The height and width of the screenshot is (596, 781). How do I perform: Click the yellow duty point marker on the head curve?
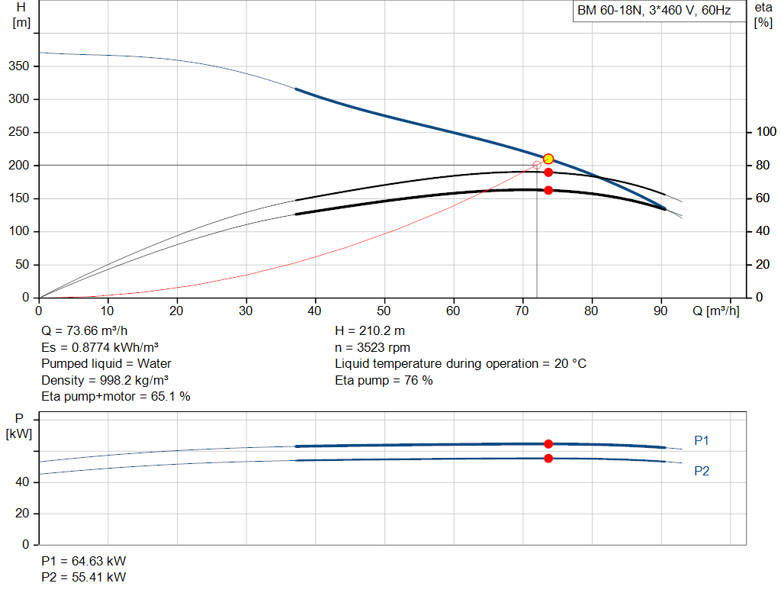(x=548, y=159)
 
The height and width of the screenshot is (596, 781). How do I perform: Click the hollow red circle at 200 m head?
(x=537, y=165)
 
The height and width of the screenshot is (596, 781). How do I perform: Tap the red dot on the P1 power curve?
(x=548, y=443)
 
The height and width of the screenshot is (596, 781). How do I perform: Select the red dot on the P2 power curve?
(x=548, y=459)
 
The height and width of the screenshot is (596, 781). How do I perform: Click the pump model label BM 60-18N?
(x=609, y=11)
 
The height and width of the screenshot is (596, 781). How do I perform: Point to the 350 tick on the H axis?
(x=19, y=66)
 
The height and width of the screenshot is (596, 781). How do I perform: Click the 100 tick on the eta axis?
(x=766, y=132)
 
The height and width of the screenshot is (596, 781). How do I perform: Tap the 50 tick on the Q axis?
(x=384, y=311)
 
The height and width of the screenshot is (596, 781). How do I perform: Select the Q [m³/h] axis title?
(x=715, y=311)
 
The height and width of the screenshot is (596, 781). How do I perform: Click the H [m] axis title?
(x=21, y=15)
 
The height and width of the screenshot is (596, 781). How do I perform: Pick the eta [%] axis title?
(x=763, y=15)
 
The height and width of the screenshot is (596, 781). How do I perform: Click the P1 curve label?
(x=702, y=440)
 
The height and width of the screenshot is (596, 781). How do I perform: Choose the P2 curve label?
(x=702, y=471)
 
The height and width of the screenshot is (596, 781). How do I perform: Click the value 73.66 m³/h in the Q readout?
(x=97, y=331)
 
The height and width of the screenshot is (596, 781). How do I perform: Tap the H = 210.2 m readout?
(x=370, y=331)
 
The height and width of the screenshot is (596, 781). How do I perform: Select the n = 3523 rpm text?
(x=372, y=348)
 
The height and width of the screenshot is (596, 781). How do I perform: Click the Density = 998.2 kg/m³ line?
(x=104, y=380)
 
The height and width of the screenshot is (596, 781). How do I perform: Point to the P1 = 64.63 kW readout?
(x=84, y=561)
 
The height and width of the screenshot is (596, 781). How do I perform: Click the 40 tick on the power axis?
(x=22, y=482)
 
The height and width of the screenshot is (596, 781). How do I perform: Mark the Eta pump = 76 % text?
(x=384, y=381)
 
